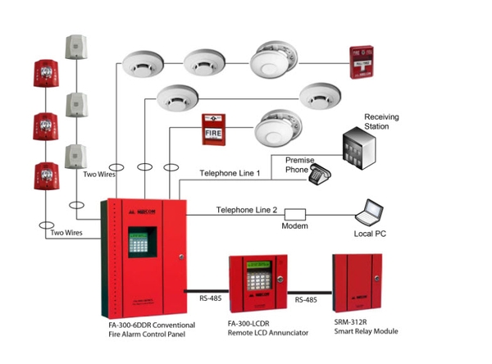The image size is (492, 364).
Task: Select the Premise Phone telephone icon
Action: point(319,173)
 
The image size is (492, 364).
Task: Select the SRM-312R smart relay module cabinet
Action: point(358,284)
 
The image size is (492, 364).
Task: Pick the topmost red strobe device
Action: point(44,75)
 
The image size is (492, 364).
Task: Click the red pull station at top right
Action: point(361,63)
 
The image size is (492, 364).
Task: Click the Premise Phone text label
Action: point(300,165)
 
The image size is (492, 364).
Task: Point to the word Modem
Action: point(295,225)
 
